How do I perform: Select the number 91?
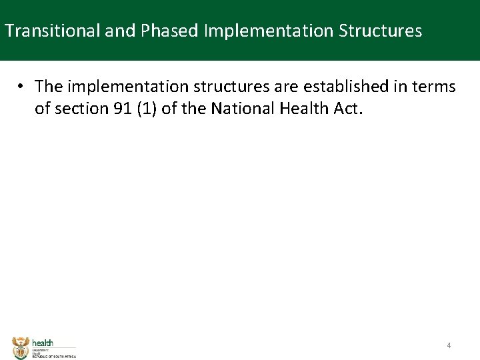pos(123,109)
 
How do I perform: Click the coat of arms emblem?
pos(21,347)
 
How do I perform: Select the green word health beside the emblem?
pos(43,343)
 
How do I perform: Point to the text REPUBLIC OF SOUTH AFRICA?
pos(54,357)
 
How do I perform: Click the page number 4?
pos(449,345)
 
